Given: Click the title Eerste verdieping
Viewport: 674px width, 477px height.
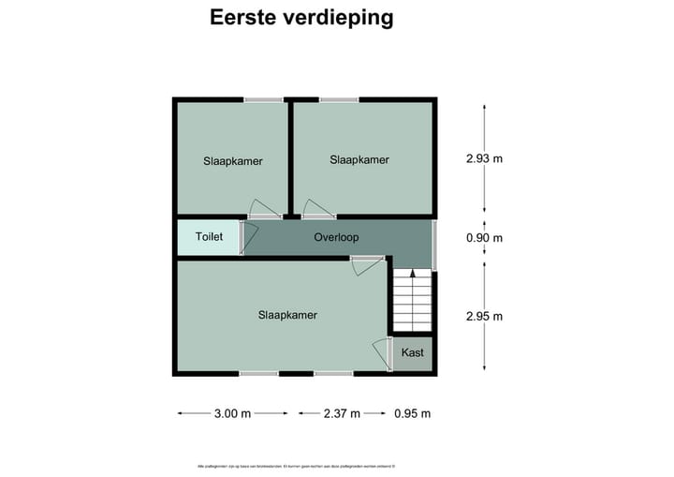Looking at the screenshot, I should pos(300,18).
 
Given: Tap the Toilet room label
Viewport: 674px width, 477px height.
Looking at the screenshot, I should pos(209,237).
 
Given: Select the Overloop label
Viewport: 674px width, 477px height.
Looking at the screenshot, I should pos(336,237).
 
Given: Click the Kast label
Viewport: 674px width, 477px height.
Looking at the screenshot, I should pos(413,353).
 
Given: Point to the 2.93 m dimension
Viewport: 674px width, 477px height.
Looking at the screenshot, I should pos(484,158).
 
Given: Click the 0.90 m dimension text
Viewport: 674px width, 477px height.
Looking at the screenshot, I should pos(484,237).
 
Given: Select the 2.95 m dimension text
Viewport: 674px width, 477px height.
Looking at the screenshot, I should pos(484,316).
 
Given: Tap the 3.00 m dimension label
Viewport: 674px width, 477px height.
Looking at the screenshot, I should pos(232,413).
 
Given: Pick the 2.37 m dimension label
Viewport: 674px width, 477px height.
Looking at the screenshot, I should pos(342,413).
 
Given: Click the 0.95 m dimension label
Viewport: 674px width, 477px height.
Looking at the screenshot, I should pos(412,413).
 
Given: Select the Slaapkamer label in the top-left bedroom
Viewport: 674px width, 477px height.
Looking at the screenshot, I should pos(233,161).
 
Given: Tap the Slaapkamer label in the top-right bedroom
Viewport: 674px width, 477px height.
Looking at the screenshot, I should pos(359,160).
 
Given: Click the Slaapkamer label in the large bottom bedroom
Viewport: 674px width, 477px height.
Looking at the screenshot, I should pos(287,315).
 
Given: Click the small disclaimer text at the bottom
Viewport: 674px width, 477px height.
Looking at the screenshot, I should pos(297,465).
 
